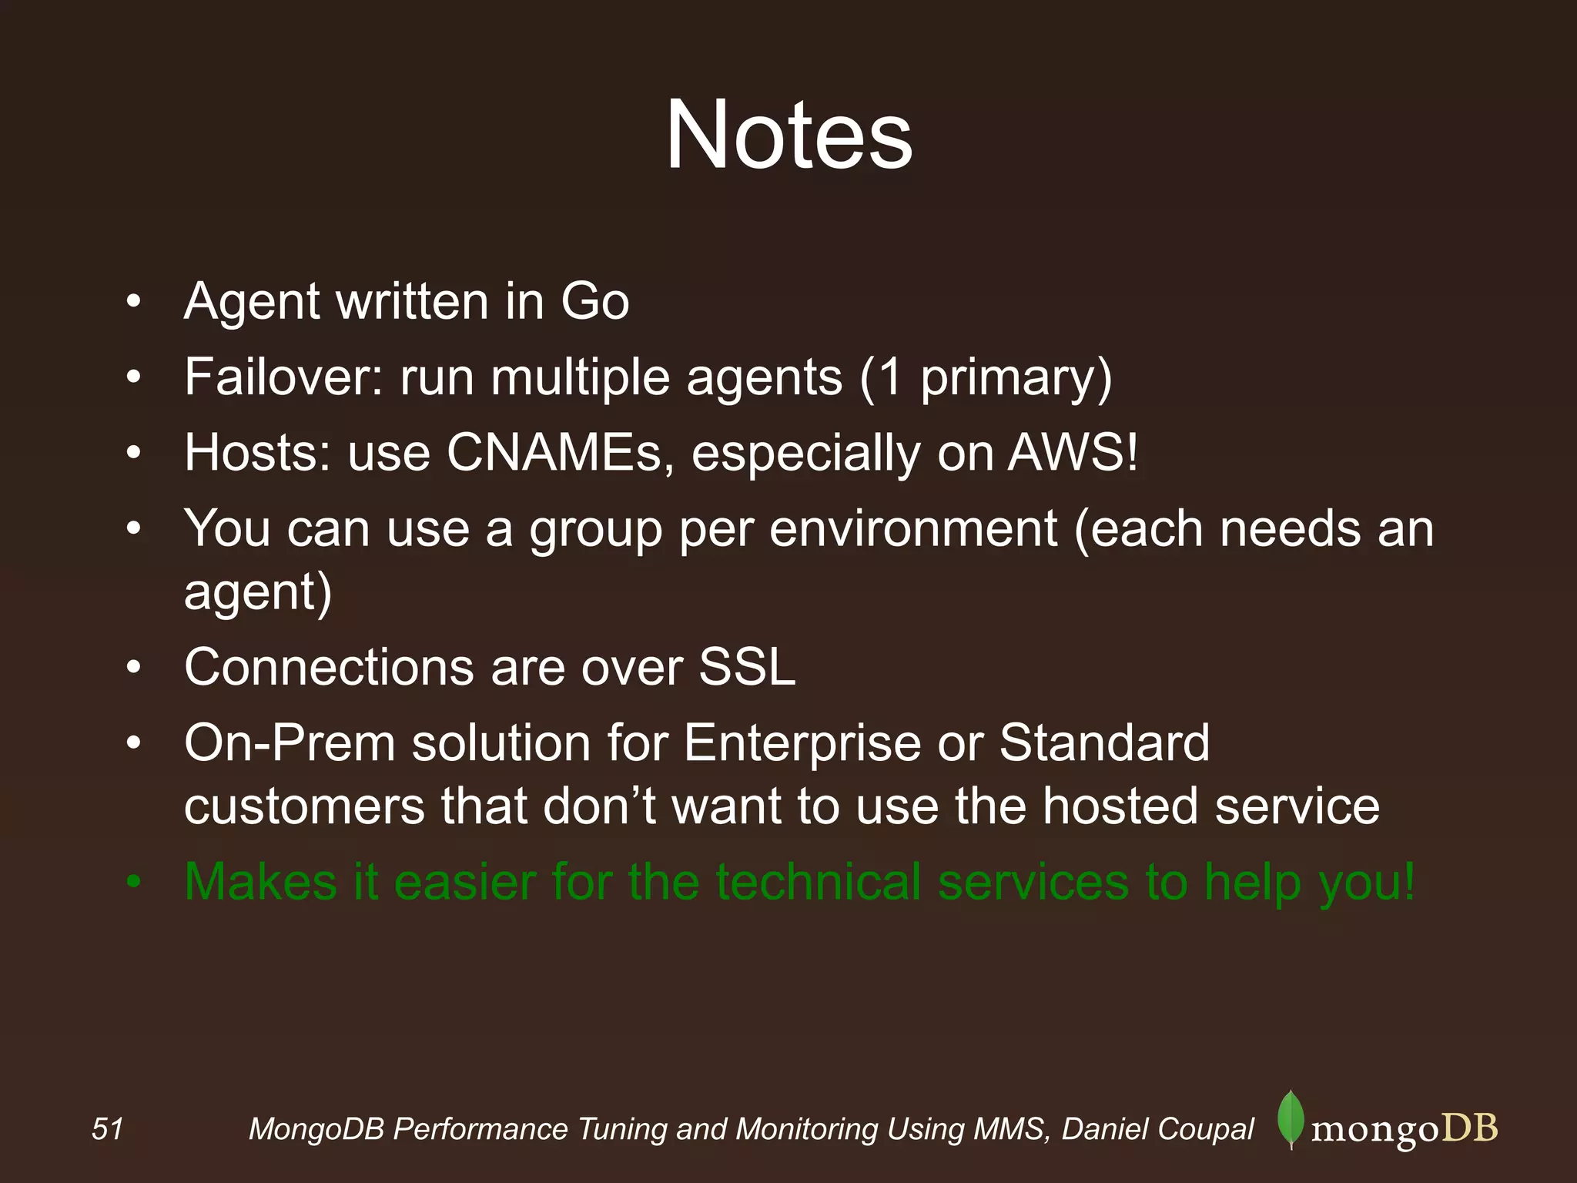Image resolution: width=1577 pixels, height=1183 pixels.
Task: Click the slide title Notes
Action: tap(788, 136)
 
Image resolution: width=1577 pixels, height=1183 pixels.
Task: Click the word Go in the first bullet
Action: tap(594, 301)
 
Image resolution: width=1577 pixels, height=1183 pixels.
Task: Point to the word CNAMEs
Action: tap(554, 453)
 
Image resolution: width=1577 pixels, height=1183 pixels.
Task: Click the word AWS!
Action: tap(1073, 453)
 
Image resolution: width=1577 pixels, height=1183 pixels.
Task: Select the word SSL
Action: tap(747, 667)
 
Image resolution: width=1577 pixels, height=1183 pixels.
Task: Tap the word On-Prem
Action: tap(290, 744)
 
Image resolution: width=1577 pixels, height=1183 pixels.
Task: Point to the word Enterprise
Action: tap(802, 744)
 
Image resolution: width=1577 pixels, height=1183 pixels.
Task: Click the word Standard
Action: tap(1104, 744)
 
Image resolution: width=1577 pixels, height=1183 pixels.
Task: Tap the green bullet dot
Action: tap(134, 883)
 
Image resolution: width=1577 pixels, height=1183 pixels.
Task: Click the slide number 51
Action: tap(107, 1129)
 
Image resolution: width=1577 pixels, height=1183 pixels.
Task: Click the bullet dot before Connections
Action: tap(134, 668)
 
